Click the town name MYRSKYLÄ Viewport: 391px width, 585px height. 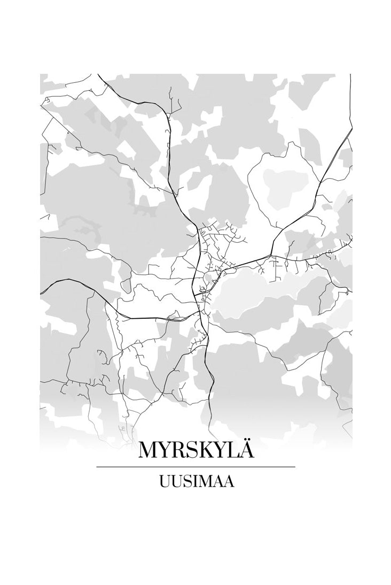point(195,450)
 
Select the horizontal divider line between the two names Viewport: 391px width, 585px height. point(195,467)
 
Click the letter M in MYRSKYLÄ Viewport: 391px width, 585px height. point(149,451)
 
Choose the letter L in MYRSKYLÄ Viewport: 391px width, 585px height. point(232,451)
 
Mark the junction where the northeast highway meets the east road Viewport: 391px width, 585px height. point(271,256)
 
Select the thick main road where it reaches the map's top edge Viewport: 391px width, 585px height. point(99,75)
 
